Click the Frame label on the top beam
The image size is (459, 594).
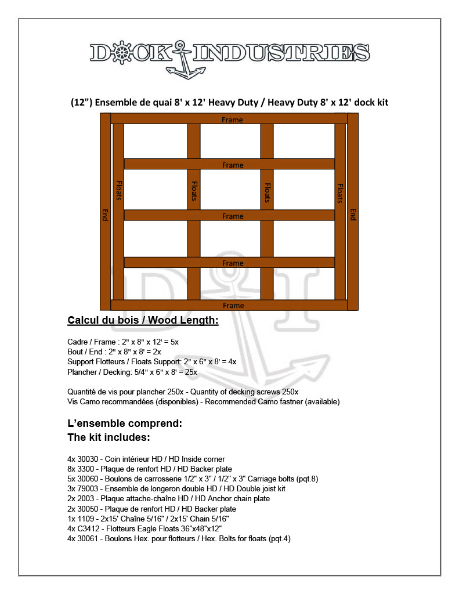[233, 120]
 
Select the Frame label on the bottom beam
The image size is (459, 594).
[233, 306]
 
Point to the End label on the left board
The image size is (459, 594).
[105, 215]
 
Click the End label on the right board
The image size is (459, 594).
[352, 215]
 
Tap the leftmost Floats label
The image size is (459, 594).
[118, 190]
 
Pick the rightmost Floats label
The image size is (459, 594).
[340, 193]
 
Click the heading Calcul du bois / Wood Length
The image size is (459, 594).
[143, 320]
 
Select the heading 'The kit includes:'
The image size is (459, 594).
[109, 437]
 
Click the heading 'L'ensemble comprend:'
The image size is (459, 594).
[125, 423]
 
